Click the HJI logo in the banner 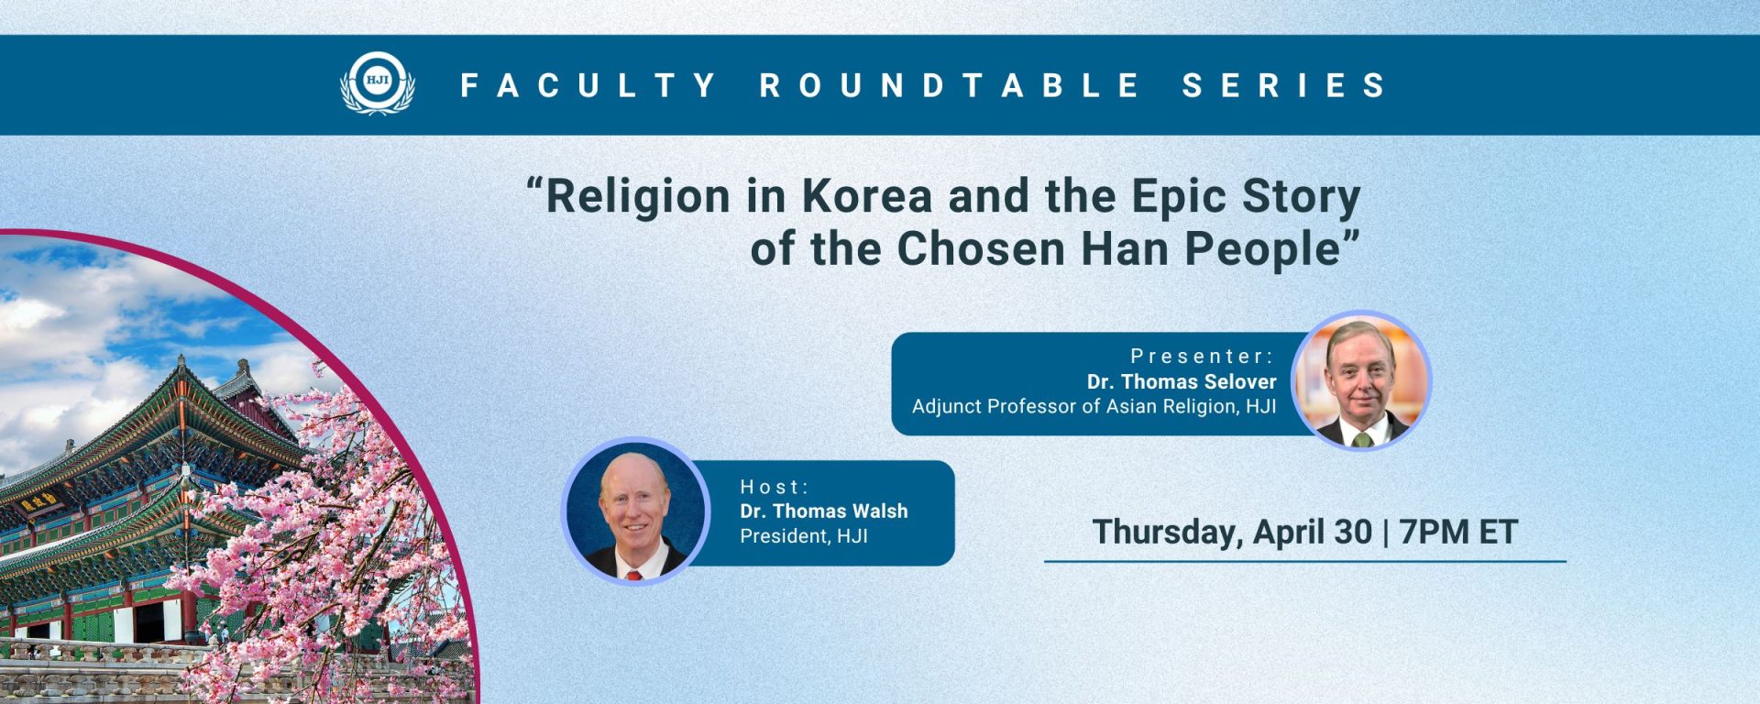[378, 83]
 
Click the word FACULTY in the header [588, 85]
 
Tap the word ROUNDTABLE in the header [950, 85]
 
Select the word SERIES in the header [1284, 85]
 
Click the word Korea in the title [867, 195]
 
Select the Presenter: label [1202, 356]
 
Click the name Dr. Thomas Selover [1182, 381]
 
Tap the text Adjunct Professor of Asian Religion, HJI [1094, 406]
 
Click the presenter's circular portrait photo [1361, 380]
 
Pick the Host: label [775, 487]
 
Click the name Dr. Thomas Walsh [824, 511]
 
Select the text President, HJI [804, 535]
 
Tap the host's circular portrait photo [635, 511]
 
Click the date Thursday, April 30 [1232, 533]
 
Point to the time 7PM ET [1458, 532]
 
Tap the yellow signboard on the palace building [39, 501]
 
